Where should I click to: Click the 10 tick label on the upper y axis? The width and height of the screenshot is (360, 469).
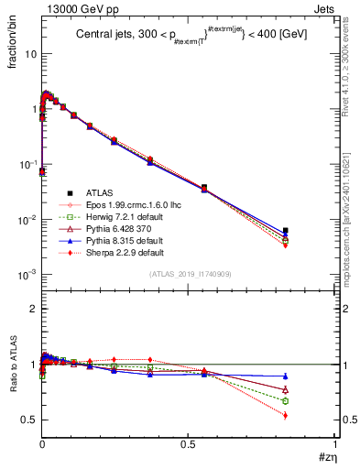(30, 53)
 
